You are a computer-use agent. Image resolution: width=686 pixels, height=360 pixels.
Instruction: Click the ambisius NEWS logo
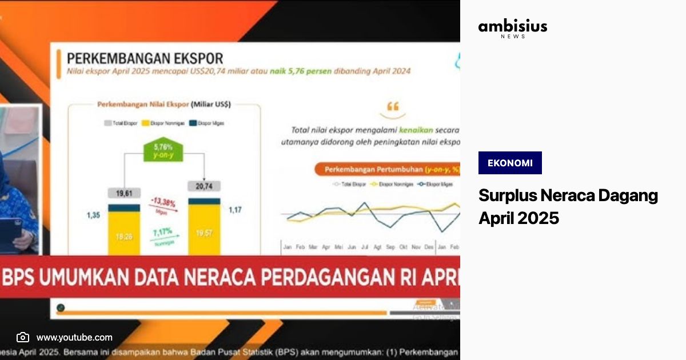click(512, 29)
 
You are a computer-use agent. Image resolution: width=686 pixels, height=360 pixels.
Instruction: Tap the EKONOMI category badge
click(510, 163)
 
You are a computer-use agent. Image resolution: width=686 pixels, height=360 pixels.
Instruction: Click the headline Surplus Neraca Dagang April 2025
click(568, 206)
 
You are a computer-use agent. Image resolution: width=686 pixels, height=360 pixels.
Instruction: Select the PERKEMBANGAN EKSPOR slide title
click(145, 58)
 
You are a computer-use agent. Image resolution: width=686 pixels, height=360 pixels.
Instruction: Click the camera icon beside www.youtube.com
click(23, 337)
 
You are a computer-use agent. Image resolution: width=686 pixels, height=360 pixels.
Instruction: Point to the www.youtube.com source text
click(74, 337)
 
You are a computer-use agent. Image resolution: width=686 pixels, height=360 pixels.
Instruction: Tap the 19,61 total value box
click(123, 193)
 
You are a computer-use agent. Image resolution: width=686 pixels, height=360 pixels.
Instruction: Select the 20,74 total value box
click(204, 186)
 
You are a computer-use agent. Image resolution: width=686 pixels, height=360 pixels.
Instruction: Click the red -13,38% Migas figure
click(163, 202)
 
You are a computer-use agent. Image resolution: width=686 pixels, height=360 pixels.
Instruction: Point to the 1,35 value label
click(94, 215)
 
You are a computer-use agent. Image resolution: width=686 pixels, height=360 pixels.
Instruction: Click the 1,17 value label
click(234, 210)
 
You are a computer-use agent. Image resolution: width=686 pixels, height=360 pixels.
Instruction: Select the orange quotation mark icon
click(393, 106)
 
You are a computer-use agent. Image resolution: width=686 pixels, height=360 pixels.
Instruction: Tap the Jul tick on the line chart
click(365, 247)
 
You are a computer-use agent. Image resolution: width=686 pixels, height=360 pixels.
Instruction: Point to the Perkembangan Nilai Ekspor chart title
click(163, 105)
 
